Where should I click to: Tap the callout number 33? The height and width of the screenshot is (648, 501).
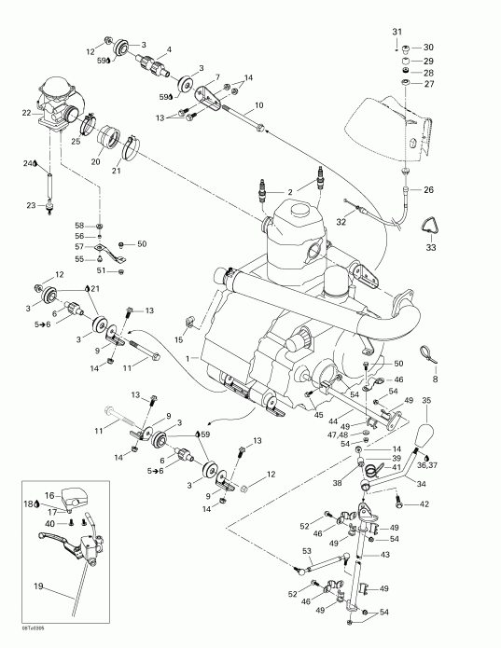tap(430, 248)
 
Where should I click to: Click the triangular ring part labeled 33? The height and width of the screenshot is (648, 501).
tap(430, 226)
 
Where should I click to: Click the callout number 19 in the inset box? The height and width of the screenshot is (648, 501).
tap(38, 586)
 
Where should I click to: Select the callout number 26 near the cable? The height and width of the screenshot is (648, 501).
tap(428, 191)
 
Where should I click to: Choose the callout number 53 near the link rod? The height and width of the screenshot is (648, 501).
tap(306, 552)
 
